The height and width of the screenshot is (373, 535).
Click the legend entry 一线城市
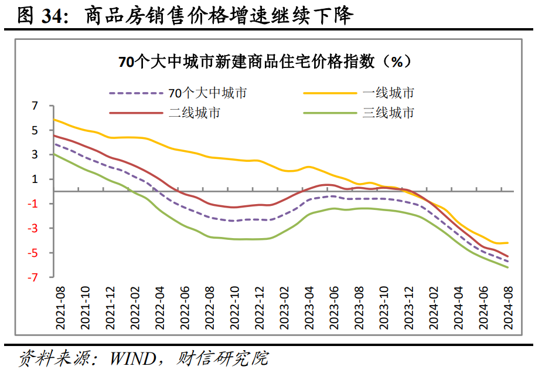coord(388,93)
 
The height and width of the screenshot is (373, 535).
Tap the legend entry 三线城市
coord(388,113)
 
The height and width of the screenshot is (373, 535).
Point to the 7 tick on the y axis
coord(35,106)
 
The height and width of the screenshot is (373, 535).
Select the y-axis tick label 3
coord(35,155)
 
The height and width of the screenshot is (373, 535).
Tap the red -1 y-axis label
coord(33,204)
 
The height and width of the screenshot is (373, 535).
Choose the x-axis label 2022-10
coord(235,305)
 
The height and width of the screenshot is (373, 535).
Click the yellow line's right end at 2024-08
coord(507,243)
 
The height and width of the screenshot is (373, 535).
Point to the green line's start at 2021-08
coord(54,154)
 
